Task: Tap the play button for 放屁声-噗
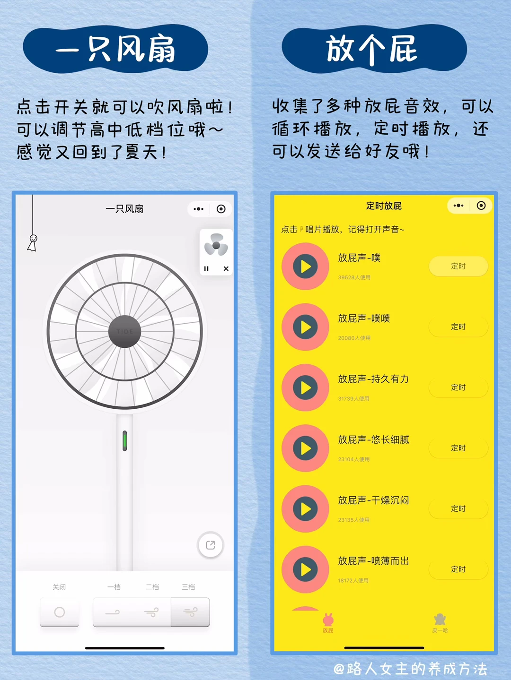[x=305, y=267]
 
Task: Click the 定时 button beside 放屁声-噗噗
[x=458, y=327]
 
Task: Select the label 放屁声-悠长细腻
[x=373, y=440]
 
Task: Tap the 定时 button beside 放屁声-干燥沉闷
[x=458, y=509]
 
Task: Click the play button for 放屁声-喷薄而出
[x=305, y=569]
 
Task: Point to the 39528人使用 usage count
[x=354, y=277]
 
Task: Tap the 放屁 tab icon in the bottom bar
[x=328, y=620]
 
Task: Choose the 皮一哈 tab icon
[x=440, y=620]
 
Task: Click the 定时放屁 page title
[x=384, y=206]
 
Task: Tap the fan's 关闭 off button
[x=60, y=612]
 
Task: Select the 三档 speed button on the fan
[x=190, y=612]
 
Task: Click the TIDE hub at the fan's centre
[x=124, y=331]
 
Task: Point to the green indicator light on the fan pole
[x=124, y=440]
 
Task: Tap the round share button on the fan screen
[x=211, y=545]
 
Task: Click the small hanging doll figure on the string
[x=33, y=243]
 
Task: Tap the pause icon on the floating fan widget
[x=206, y=268]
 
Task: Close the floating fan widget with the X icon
[x=226, y=268]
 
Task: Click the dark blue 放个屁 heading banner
[x=374, y=49]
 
